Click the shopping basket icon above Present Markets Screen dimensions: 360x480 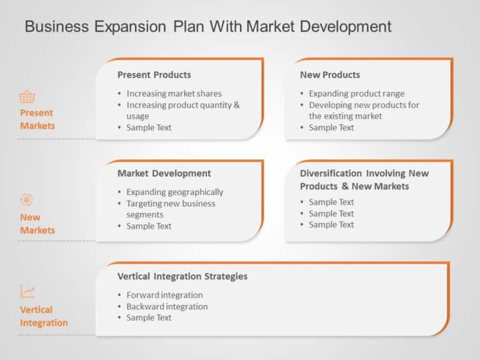pos(27,97)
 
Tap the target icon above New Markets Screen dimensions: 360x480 pos(26,200)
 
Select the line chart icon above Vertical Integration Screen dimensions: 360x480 pos(27,291)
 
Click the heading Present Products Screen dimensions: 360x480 pos(154,75)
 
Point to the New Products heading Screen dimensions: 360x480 pos(330,75)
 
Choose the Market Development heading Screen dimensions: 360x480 pos(164,174)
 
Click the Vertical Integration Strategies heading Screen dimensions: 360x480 pos(182,276)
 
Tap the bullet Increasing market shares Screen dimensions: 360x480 pos(174,94)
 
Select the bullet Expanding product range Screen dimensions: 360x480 pos(356,94)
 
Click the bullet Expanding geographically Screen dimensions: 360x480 pos(174,192)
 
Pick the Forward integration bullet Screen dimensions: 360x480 pos(164,295)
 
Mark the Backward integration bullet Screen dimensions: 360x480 pos(167,306)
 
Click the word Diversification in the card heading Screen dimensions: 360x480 pos(331,174)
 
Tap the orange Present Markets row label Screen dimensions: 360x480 pos(37,119)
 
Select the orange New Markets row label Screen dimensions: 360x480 pos(37,224)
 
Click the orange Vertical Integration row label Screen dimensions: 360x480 pos(44,316)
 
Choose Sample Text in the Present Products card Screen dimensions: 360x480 pos(149,127)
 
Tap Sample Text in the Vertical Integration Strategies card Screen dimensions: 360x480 pos(149,317)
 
